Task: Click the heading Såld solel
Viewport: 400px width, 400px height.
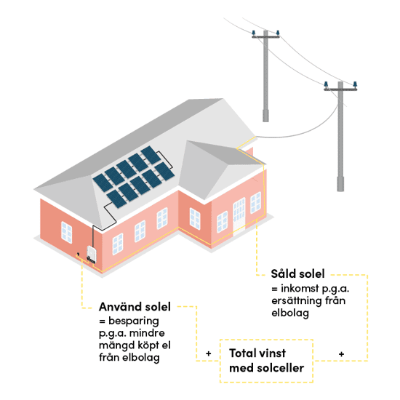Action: tap(297, 273)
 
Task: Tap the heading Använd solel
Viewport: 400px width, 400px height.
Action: tap(135, 307)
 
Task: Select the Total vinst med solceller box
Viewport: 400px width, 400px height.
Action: tap(266, 361)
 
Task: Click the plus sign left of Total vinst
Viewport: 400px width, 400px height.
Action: tap(209, 353)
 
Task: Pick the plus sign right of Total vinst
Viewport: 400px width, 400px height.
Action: tap(341, 354)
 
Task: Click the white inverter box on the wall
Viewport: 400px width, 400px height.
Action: tap(91, 254)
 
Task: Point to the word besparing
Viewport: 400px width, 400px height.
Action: tap(134, 321)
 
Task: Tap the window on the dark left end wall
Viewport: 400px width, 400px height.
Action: tap(67, 233)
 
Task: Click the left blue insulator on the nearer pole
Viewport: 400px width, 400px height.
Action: tap(326, 84)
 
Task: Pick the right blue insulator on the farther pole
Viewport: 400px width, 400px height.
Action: tap(278, 33)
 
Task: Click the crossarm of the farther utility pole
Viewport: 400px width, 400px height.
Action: tap(265, 37)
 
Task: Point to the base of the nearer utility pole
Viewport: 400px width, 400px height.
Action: tap(340, 184)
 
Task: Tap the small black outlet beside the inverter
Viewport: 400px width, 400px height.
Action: tap(78, 254)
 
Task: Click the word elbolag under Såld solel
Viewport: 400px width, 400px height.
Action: tap(290, 313)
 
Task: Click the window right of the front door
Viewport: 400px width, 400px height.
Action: tap(255, 203)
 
